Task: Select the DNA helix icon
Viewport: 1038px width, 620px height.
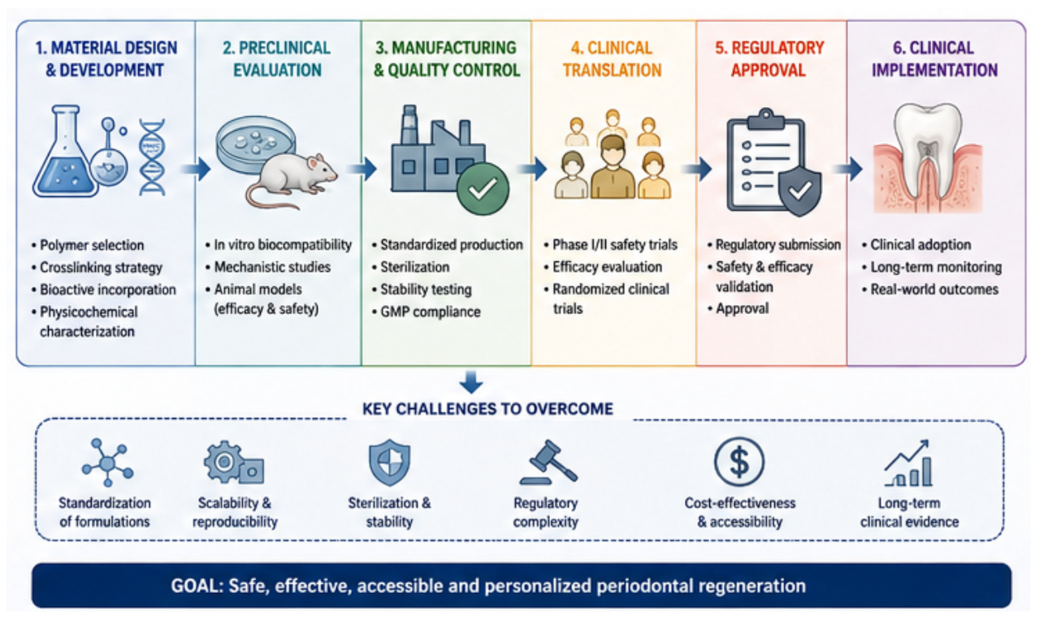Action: (152, 157)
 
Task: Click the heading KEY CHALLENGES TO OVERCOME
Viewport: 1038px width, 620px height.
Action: (488, 409)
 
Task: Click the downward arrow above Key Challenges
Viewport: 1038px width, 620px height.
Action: (471, 382)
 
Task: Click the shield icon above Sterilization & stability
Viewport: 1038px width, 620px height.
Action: (389, 463)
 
